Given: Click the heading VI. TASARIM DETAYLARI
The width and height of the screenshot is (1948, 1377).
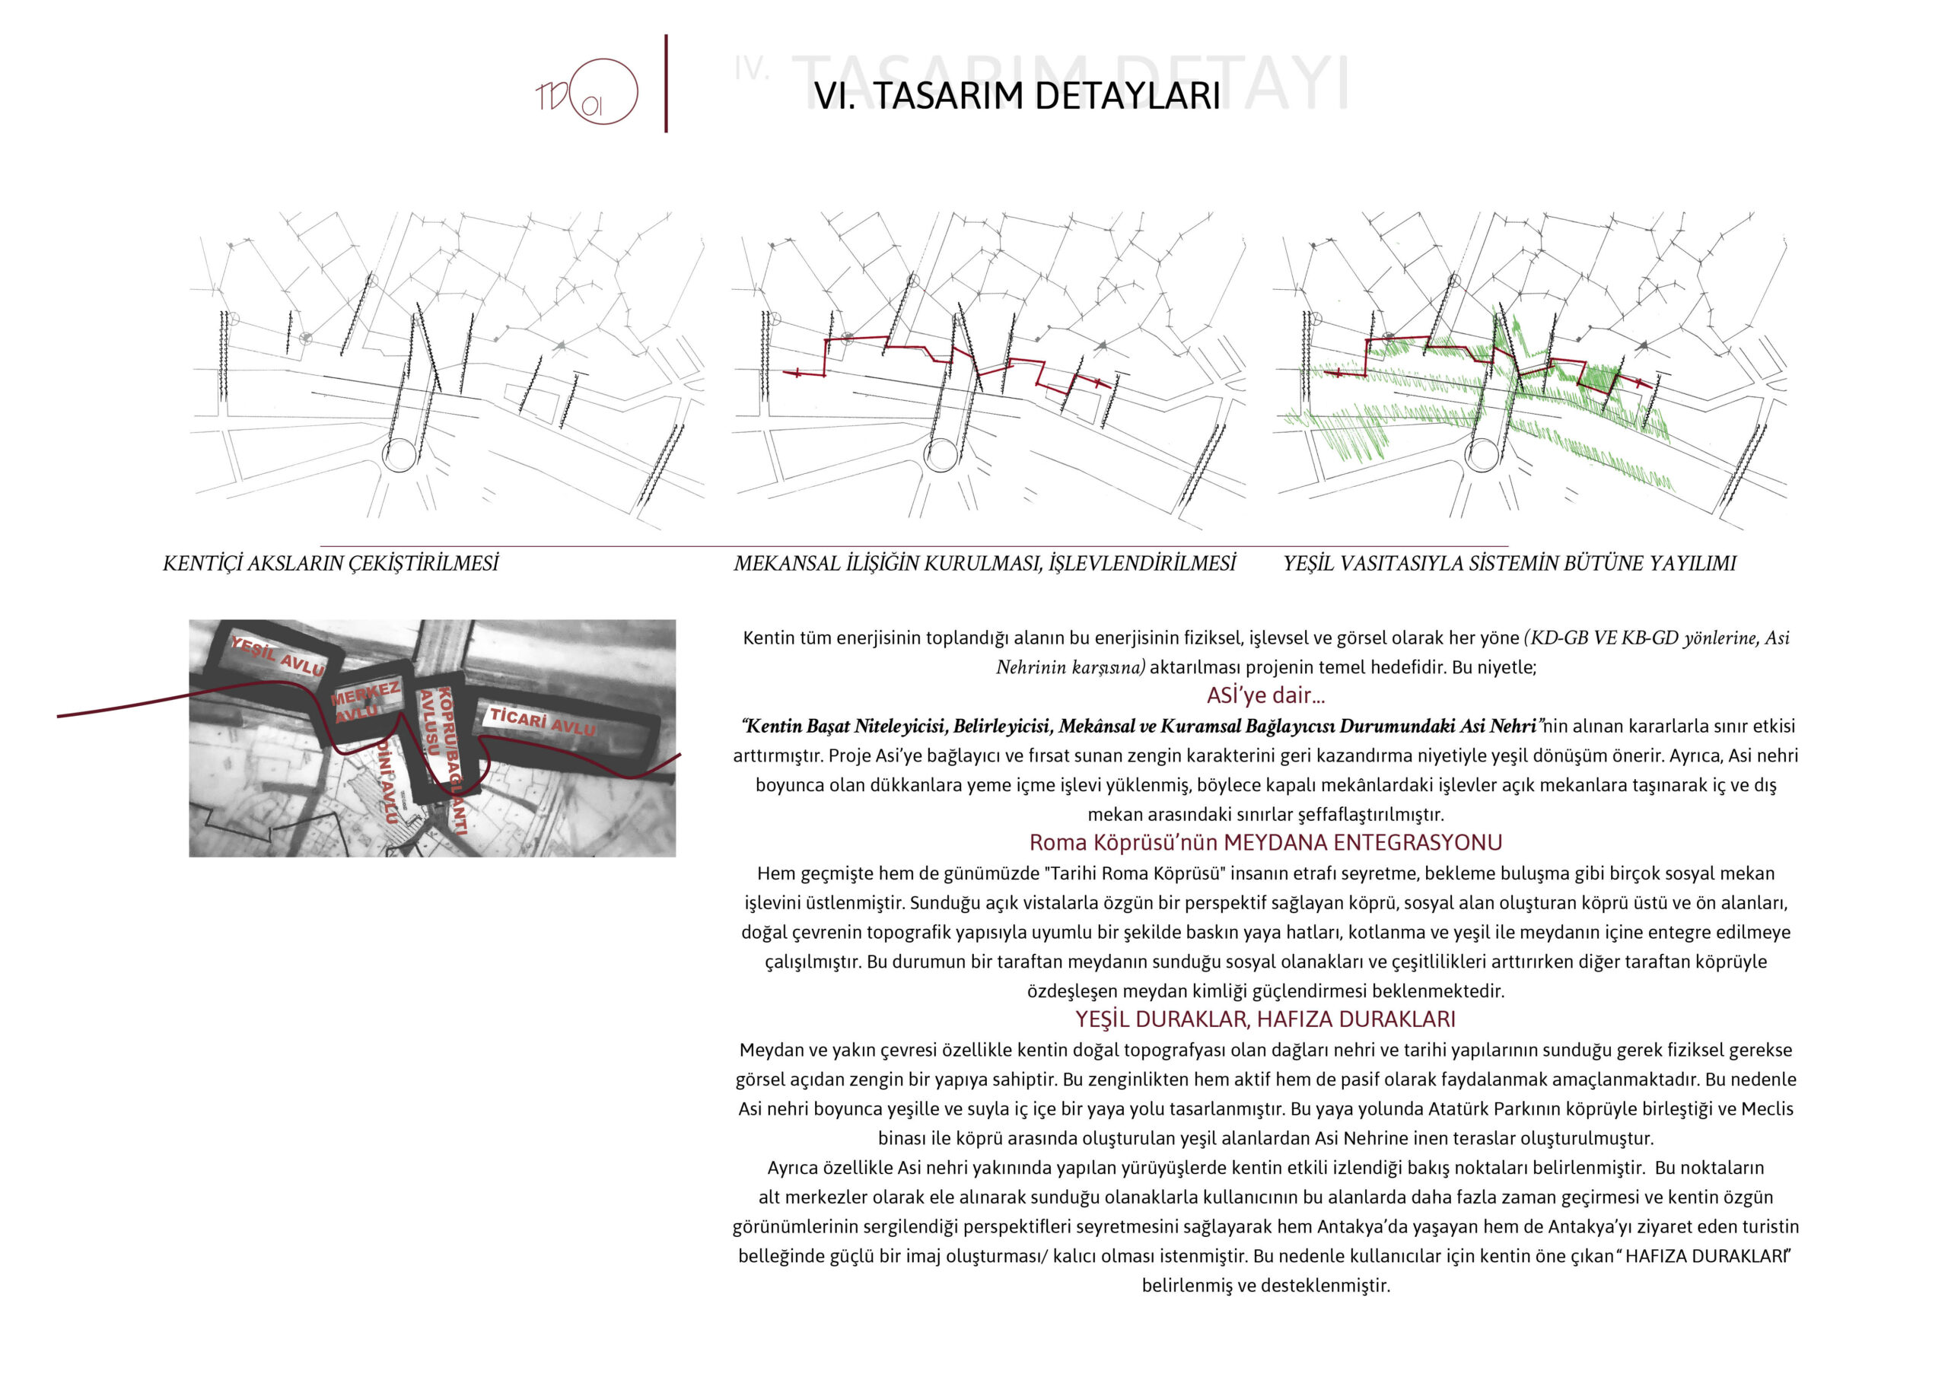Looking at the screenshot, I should [x=1017, y=96].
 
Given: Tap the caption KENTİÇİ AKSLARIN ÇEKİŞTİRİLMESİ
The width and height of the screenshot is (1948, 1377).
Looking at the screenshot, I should [x=331, y=564].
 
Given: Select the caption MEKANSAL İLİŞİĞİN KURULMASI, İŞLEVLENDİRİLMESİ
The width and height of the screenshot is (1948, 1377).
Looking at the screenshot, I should [x=984, y=564].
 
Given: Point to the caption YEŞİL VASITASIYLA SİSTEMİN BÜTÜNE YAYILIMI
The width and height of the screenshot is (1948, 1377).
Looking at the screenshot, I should [x=1508, y=564].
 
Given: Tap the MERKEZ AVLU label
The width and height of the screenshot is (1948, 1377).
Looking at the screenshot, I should [x=364, y=701].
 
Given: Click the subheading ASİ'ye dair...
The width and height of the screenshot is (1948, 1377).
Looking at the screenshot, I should [x=1265, y=695].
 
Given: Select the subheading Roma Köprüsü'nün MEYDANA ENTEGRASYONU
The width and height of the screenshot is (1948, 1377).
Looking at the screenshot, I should [x=1265, y=842].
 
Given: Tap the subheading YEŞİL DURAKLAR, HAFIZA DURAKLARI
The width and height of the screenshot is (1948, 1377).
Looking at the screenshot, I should [x=1265, y=1019].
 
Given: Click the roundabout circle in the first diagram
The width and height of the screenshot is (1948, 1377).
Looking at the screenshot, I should [x=399, y=455].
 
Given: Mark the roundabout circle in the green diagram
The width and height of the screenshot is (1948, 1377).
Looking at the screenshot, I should [x=1482, y=455].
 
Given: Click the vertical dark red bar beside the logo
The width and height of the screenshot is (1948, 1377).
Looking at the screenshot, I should [x=666, y=83].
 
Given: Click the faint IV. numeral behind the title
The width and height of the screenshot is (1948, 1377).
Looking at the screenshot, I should [x=751, y=68].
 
